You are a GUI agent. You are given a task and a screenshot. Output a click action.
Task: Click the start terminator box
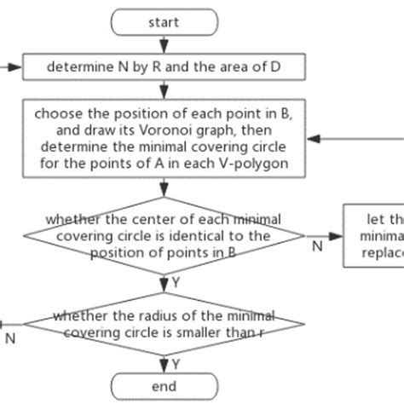click(163, 22)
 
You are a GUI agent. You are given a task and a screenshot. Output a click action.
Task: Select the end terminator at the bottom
click(163, 386)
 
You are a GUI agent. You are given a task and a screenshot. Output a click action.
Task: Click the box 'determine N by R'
click(163, 66)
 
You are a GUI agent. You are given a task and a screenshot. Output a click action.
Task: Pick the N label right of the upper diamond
click(316, 246)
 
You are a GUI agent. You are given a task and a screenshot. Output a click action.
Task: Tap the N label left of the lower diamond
click(10, 338)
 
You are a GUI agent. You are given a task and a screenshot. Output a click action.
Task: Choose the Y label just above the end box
click(176, 364)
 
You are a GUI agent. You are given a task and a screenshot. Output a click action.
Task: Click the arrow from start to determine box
click(163, 43)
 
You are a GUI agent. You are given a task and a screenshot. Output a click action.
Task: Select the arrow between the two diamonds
click(163, 281)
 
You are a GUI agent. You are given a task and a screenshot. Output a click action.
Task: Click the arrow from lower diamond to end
click(163, 361)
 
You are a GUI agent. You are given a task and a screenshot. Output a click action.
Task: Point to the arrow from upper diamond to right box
click(324, 234)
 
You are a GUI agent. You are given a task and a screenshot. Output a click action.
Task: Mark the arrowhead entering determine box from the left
click(19, 66)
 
